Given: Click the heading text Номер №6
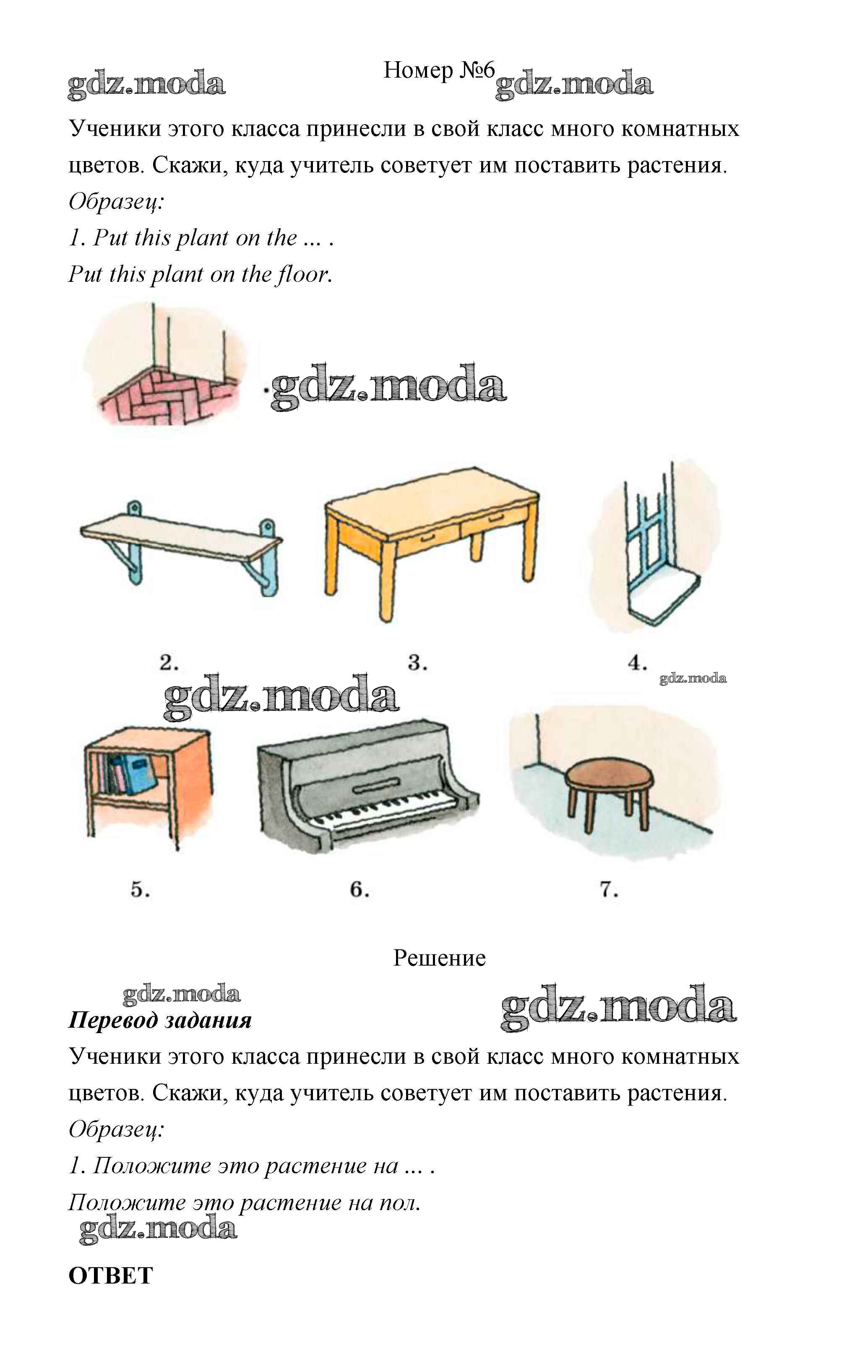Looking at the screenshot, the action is click(439, 70).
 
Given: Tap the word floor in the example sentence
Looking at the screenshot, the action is click(304, 274).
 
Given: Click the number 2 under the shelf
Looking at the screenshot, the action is click(169, 663).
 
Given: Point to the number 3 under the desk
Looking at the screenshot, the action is click(417, 663).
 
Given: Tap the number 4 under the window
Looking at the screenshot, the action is click(637, 663).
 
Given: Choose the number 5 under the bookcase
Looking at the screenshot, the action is click(140, 889).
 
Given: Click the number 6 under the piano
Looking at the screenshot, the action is click(359, 889).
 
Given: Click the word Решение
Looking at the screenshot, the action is click(439, 958).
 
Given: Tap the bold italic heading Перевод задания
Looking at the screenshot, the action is click(160, 1021).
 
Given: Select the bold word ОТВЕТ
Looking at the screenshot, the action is click(110, 1276).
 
